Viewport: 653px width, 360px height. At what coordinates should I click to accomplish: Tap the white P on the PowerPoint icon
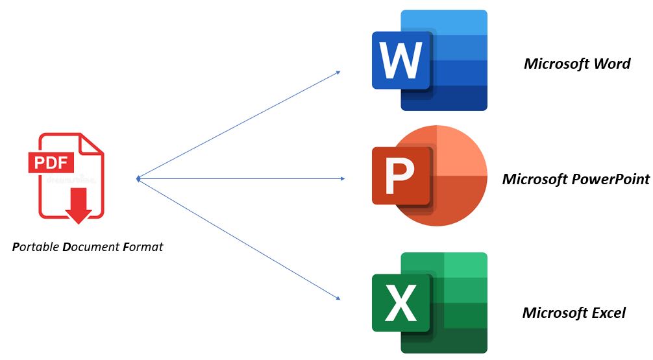click(399, 176)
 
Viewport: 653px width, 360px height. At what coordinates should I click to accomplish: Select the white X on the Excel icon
click(400, 302)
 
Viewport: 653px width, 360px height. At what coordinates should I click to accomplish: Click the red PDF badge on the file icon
click(51, 162)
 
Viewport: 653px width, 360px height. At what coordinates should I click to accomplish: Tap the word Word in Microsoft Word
click(612, 64)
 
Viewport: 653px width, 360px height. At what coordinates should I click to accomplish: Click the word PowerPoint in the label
click(611, 180)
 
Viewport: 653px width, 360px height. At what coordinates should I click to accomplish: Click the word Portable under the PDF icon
click(36, 246)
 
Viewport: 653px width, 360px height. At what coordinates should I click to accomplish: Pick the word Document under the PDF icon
click(92, 246)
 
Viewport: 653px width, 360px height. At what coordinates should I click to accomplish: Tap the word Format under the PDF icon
click(143, 246)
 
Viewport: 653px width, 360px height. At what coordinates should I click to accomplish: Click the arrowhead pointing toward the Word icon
click(338, 73)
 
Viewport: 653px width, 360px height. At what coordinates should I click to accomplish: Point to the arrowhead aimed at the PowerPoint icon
click(342, 178)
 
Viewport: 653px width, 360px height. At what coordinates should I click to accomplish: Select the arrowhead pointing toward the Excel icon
click(338, 297)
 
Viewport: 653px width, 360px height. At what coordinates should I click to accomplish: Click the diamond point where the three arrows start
click(138, 179)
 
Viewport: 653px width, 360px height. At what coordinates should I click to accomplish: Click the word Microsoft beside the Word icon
click(556, 64)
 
